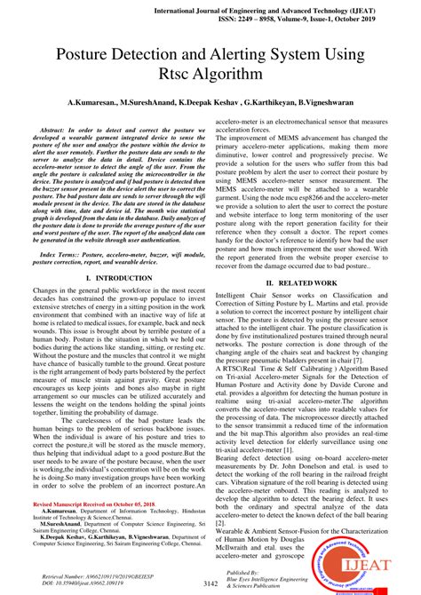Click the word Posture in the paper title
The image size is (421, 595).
pyautogui.click(x=83, y=55)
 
